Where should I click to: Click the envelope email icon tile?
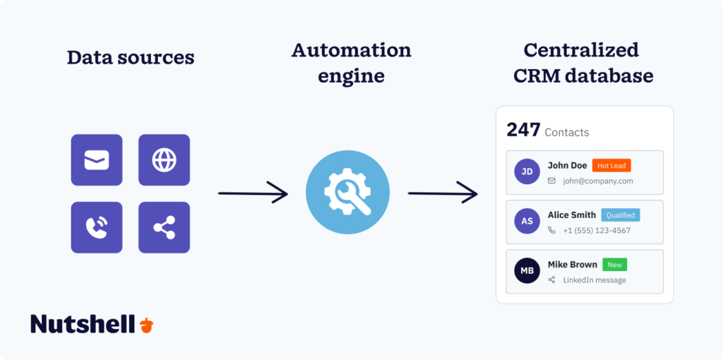(97, 160)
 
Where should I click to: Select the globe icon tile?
(164, 160)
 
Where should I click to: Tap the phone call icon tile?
(97, 227)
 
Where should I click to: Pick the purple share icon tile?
(164, 227)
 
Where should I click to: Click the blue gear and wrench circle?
(347, 192)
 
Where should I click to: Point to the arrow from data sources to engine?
(253, 193)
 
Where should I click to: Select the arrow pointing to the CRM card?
(443, 192)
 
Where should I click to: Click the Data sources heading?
(131, 57)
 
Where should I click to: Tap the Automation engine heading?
(351, 62)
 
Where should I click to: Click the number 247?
(523, 130)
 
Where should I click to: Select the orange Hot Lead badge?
(611, 166)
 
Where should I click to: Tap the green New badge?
(615, 265)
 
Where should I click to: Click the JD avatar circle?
(527, 172)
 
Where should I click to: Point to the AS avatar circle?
(527, 221)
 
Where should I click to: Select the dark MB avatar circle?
(527, 270)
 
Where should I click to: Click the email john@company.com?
(597, 181)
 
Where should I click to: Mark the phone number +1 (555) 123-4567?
(596, 231)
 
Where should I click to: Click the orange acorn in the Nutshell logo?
(146, 325)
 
